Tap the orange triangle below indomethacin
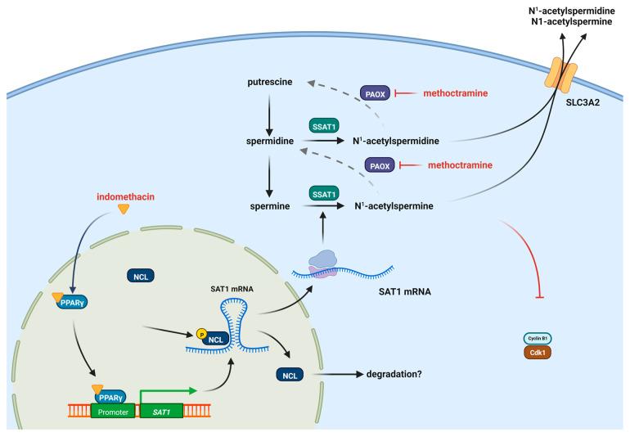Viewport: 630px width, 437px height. (x=124, y=210)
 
